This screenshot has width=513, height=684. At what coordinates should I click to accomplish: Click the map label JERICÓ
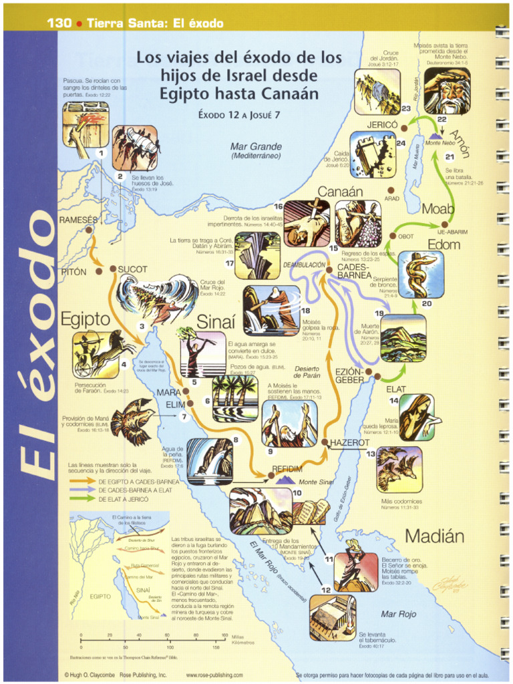[382, 125]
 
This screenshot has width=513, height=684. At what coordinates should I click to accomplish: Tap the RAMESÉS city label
[78, 220]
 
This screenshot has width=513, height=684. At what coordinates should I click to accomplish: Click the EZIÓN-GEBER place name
[349, 375]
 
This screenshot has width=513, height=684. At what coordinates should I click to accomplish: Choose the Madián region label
[434, 536]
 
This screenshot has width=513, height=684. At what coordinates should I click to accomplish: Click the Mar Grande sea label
[256, 147]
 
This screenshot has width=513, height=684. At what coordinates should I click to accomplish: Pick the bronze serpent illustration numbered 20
[421, 274]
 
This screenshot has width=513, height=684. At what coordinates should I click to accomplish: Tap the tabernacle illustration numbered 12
[332, 617]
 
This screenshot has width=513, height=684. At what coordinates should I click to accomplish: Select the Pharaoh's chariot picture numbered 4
[95, 353]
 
